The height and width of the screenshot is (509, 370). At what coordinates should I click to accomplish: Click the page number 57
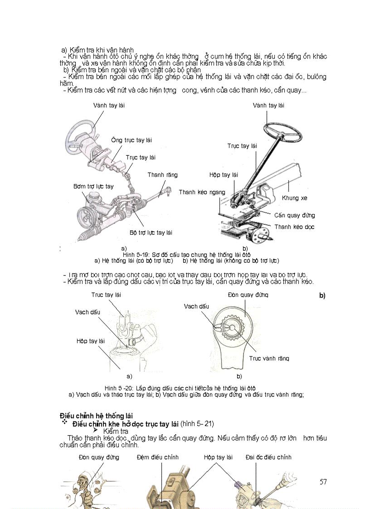[x=323, y=482]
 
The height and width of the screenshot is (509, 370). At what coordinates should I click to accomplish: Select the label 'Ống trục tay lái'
[x=131, y=140]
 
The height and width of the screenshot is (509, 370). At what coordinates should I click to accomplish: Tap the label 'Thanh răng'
[x=162, y=175]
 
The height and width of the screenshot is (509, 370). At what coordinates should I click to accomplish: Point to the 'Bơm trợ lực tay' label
[x=93, y=186]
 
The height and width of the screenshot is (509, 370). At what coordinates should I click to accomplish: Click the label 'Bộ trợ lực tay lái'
[x=151, y=233]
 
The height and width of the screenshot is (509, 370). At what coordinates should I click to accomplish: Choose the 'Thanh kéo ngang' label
[x=202, y=192]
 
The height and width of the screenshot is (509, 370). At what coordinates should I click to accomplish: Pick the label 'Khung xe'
[x=294, y=198]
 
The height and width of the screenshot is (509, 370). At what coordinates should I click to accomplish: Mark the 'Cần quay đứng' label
[x=294, y=215]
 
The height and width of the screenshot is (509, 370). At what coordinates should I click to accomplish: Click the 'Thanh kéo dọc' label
[x=294, y=227]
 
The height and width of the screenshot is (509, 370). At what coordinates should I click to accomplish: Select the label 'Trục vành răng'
[x=269, y=359]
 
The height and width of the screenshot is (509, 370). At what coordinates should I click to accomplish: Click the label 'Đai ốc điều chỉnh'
[x=268, y=457]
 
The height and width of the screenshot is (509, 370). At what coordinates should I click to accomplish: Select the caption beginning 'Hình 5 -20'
[x=180, y=388]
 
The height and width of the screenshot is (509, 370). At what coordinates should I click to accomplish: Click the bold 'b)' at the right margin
[x=322, y=296]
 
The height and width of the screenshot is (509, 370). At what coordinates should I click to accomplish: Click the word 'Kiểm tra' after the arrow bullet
[x=116, y=431]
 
